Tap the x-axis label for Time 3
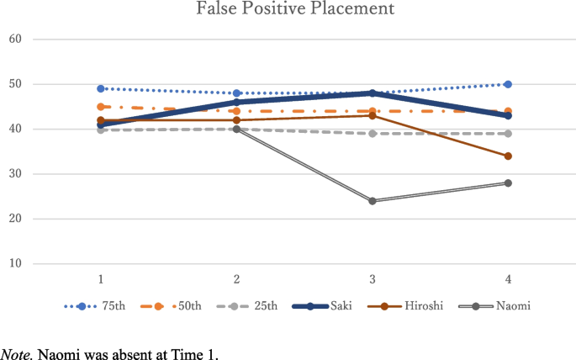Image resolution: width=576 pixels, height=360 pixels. point(373,278)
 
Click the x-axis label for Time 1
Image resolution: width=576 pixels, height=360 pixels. point(101,278)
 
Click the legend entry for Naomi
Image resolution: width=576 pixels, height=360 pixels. point(500,307)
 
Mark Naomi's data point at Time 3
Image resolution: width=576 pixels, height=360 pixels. point(373,201)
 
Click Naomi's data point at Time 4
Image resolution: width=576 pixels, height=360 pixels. point(509,183)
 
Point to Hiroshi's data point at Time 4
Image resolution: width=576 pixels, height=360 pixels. point(509,156)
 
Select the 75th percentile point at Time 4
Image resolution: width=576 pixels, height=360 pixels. point(509,84)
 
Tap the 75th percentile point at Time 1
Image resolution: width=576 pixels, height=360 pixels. point(101,88)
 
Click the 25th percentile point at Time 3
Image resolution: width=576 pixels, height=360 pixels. point(373,133)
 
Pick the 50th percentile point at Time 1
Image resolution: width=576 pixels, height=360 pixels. point(101,107)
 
